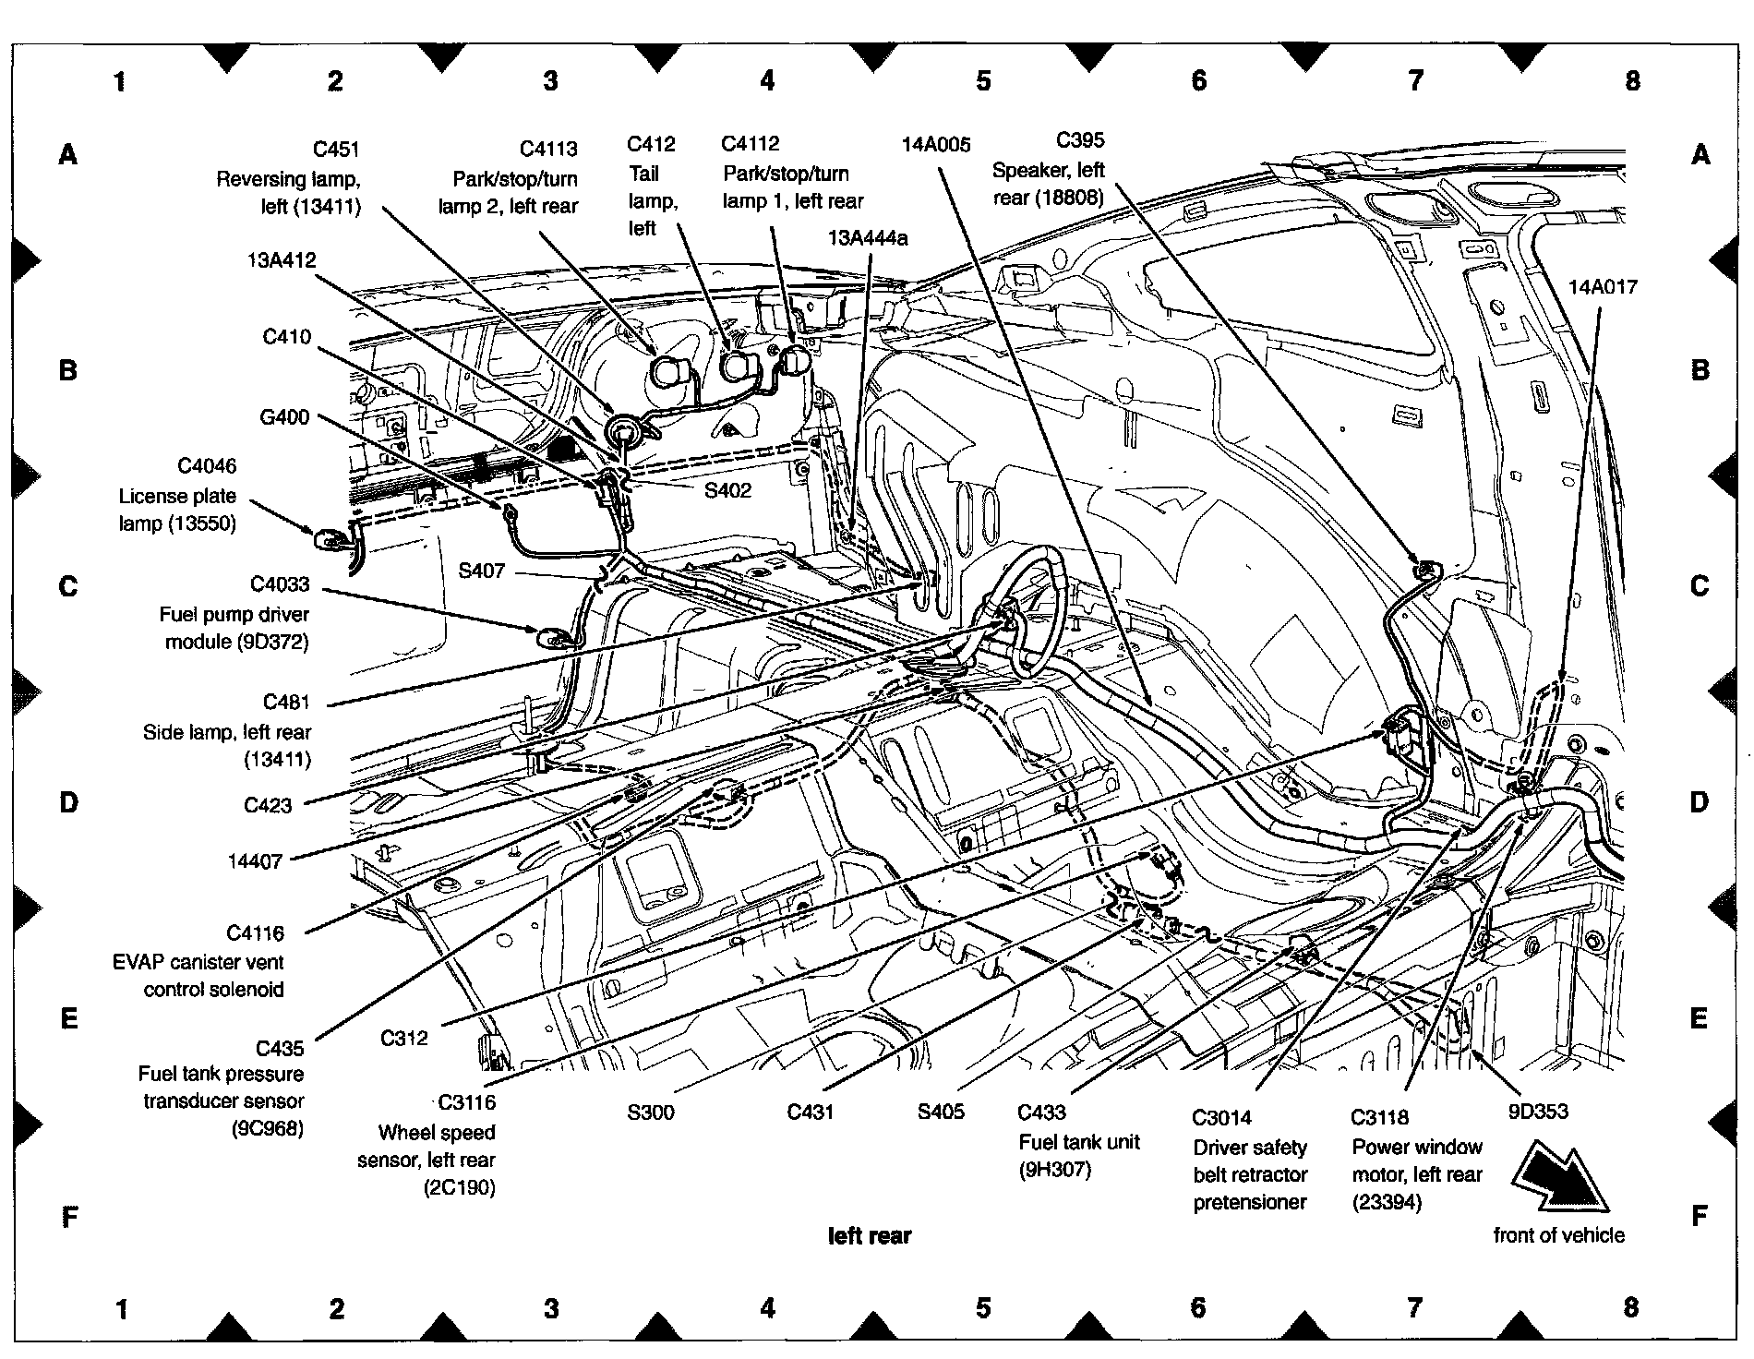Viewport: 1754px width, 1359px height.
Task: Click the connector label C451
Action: (336, 150)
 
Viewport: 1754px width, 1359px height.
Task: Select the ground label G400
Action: (284, 417)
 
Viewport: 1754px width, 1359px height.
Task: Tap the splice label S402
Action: (727, 490)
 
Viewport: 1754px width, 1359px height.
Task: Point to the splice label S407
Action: (481, 571)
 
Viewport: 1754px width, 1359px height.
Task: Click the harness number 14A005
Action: (936, 144)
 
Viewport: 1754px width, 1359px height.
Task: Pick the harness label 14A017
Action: (1603, 287)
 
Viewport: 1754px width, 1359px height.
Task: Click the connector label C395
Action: (1080, 140)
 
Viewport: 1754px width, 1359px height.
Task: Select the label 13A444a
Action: (868, 238)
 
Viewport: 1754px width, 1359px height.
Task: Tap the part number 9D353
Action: (1538, 1112)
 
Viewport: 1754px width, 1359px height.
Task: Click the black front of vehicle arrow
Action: (1560, 1177)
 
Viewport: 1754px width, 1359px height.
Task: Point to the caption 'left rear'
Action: (870, 1235)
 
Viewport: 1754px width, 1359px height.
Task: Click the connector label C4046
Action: (207, 466)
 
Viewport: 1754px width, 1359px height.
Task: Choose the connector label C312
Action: (404, 1038)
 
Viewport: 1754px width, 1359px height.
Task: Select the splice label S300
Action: (651, 1112)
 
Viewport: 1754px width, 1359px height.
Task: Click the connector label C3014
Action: (1221, 1118)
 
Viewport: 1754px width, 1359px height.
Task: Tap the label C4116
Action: (256, 933)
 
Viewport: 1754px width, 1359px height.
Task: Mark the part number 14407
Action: (255, 861)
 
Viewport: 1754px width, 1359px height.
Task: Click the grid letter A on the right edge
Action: (1700, 154)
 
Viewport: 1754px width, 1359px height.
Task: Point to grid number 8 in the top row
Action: (1632, 81)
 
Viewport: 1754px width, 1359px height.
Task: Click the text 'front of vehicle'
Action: (1559, 1235)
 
